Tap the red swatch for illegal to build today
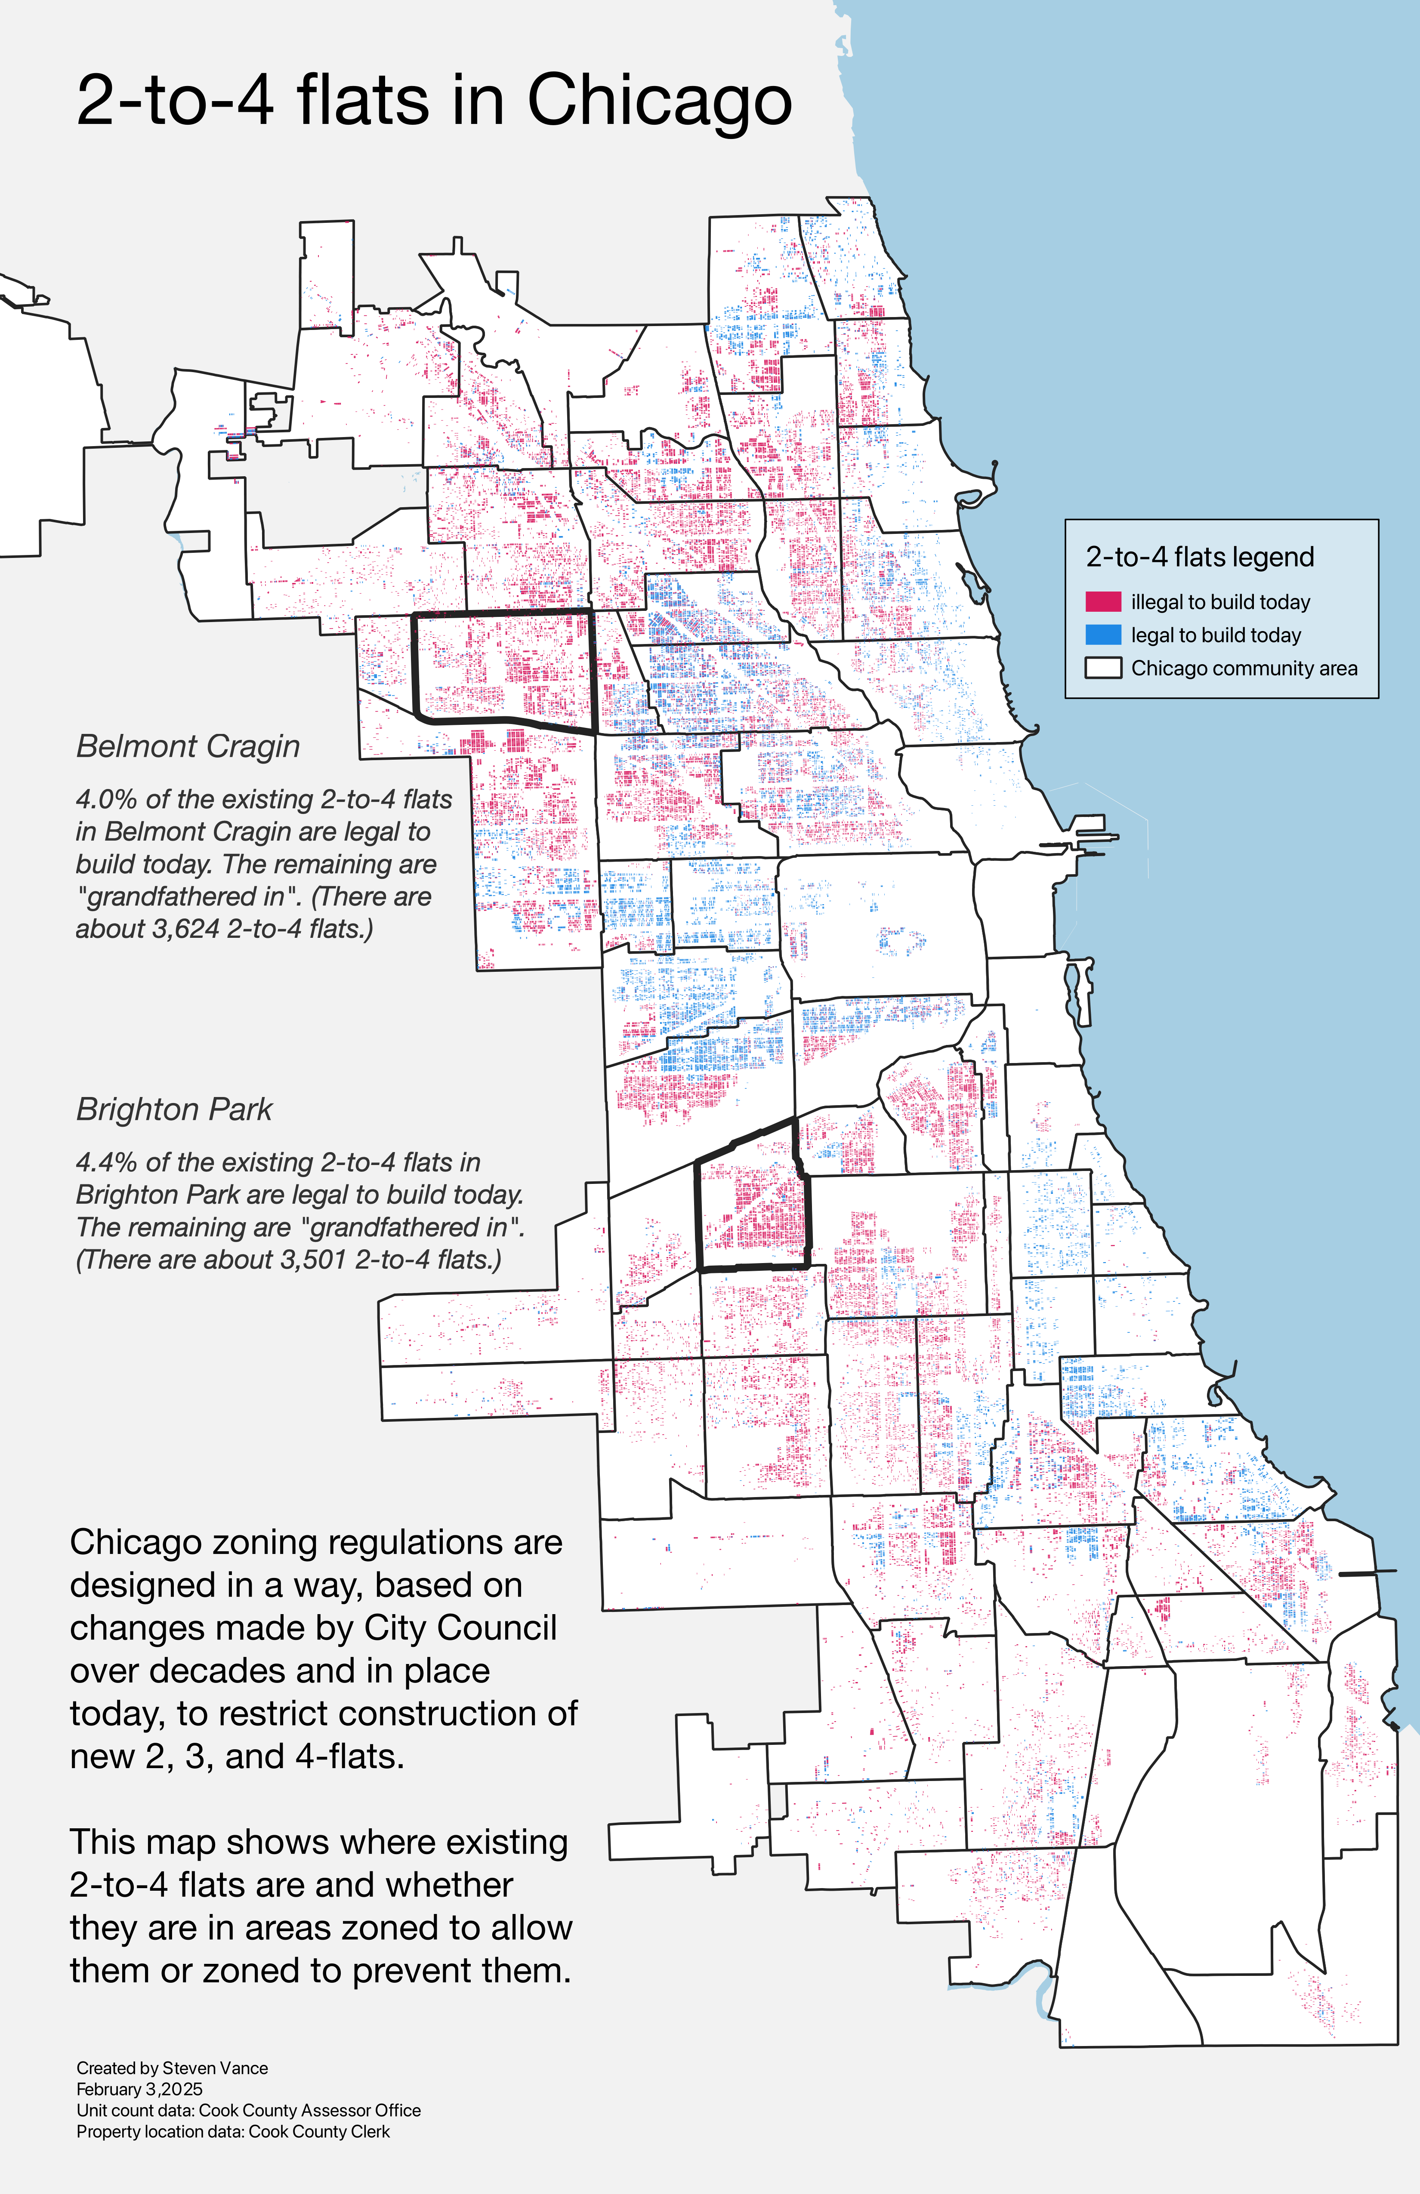point(1103,602)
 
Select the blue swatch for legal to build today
point(1103,635)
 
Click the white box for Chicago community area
point(1103,669)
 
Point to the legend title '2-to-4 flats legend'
point(1200,557)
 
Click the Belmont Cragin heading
point(188,746)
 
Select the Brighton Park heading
point(174,1109)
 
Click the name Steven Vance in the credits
point(215,2068)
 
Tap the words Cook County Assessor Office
point(310,2110)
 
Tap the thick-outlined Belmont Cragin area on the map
point(503,669)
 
